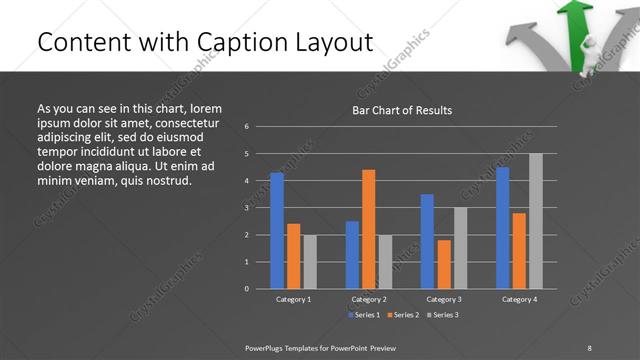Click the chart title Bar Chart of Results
(x=401, y=110)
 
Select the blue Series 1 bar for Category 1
(x=277, y=230)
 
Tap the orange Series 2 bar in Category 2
(x=369, y=229)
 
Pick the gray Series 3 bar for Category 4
(x=536, y=221)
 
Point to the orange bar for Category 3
(x=444, y=264)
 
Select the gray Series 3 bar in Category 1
(x=310, y=261)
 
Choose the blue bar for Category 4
(x=503, y=228)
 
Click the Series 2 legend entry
(x=403, y=315)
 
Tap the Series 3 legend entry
(x=442, y=315)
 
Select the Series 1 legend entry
(x=364, y=315)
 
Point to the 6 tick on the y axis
(x=246, y=127)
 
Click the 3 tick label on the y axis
(x=246, y=208)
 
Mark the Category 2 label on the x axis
(x=368, y=299)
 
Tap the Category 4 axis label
(x=519, y=299)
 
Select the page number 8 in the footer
(x=589, y=347)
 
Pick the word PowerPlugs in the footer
(x=268, y=347)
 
